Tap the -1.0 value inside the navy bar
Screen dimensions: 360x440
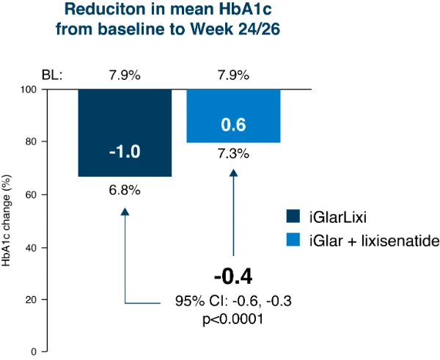pyautogui.click(x=125, y=152)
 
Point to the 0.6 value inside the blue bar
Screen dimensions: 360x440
pyautogui.click(x=232, y=126)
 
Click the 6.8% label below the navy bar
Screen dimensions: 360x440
pyautogui.click(x=125, y=190)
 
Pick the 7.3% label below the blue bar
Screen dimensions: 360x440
pyautogui.click(x=232, y=155)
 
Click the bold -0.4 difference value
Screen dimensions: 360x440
pyautogui.click(x=232, y=276)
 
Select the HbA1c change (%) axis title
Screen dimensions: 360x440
pyautogui.click(x=10, y=220)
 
